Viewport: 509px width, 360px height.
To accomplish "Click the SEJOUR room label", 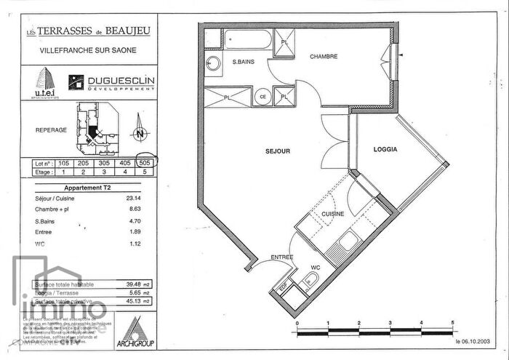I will tap(278, 151).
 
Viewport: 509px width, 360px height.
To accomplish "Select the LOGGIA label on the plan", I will tap(385, 149).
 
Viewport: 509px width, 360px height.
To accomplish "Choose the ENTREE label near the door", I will tap(282, 257).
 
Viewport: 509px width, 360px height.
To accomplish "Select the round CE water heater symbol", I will tap(262, 95).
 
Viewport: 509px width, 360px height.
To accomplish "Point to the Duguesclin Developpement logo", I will tap(111, 83).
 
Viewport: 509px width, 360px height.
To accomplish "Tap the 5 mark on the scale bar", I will tap(452, 321).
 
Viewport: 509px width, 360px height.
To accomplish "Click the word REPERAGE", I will tap(51, 130).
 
